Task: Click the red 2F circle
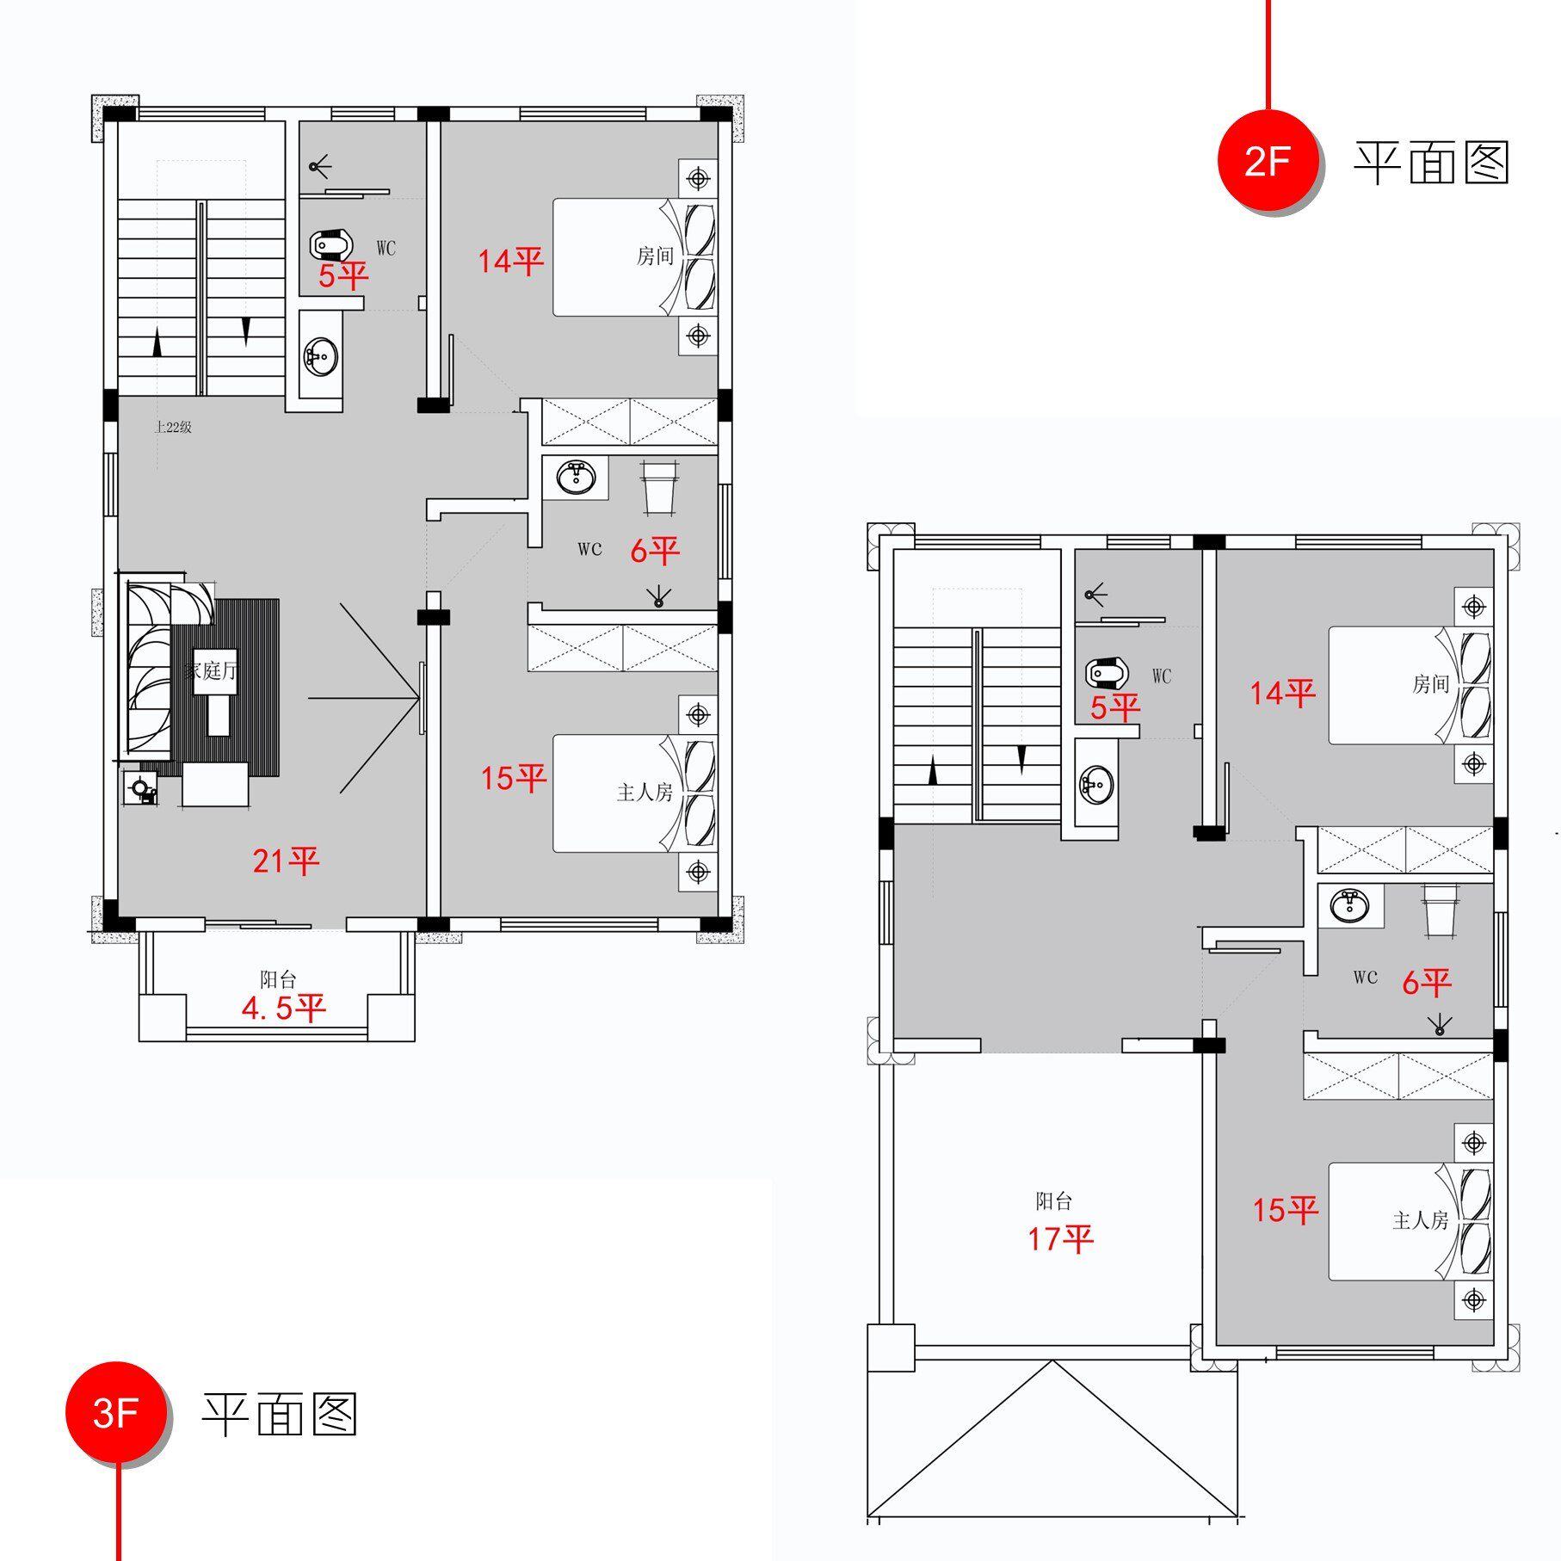1267,161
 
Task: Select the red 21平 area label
286,860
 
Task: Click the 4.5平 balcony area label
284,1008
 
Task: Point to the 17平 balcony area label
1060,1238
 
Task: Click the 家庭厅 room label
209,670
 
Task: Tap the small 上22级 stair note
173,428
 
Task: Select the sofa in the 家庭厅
148,667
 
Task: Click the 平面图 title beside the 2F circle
1431,163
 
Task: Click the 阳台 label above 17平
1053,1200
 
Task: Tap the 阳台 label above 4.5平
278,979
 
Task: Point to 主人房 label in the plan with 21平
644,792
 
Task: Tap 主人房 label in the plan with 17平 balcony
1420,1220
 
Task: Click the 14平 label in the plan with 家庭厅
511,261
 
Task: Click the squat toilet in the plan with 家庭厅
330,246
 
